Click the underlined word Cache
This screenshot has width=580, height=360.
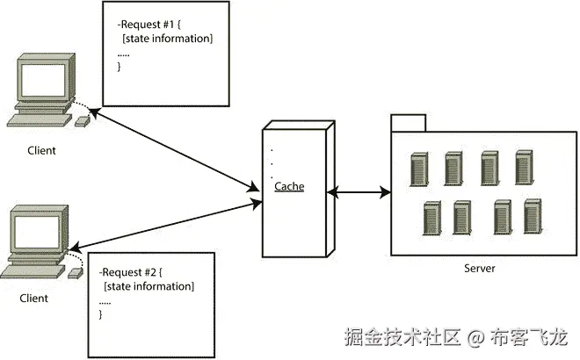288,186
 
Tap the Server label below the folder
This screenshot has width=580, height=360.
479,268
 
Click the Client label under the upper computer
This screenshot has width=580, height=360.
40,150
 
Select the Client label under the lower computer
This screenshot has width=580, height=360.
34,299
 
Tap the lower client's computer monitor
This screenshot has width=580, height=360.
39,230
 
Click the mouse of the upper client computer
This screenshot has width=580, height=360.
82,121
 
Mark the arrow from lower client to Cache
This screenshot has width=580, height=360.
167,223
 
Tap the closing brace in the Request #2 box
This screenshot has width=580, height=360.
101,313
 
